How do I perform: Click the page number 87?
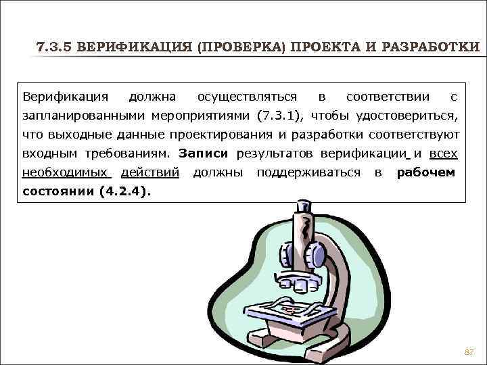[x=469, y=353]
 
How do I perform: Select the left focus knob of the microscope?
[x=283, y=255]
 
